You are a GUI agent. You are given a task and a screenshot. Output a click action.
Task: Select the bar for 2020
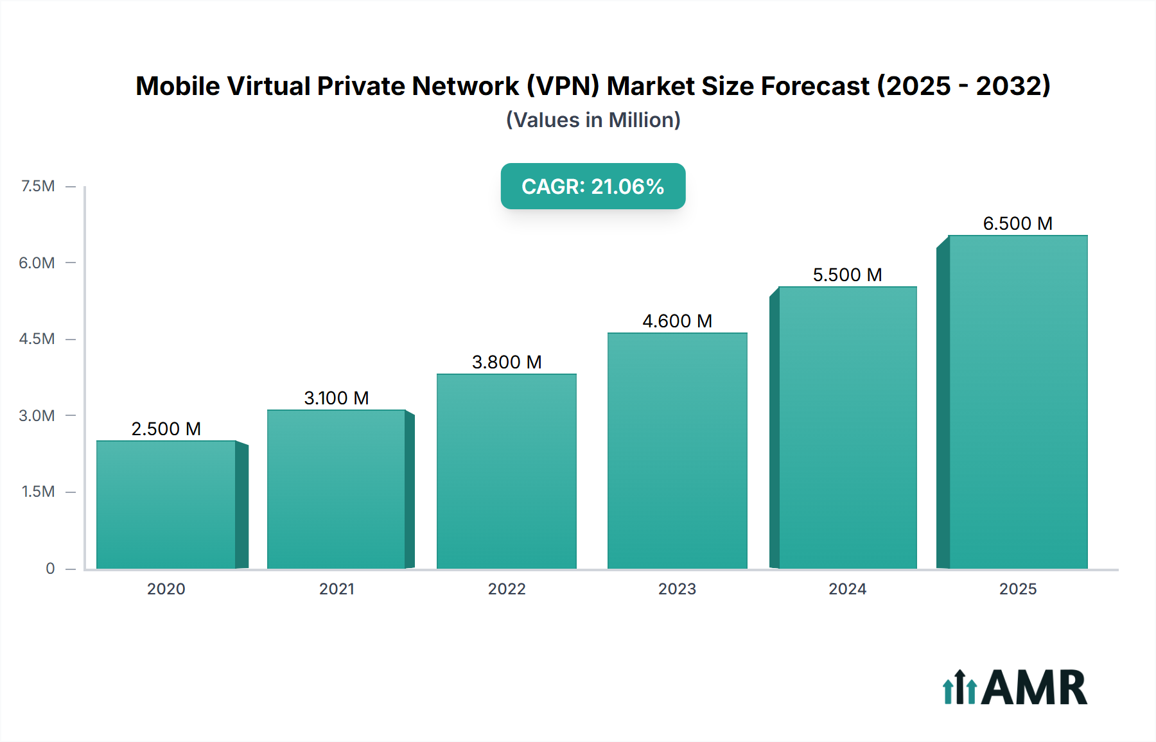[x=166, y=505]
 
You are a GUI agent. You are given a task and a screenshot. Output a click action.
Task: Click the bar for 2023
[x=677, y=451]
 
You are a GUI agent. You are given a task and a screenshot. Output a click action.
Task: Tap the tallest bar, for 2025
[x=1018, y=402]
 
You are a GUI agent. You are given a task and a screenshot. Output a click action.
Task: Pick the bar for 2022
[x=506, y=471]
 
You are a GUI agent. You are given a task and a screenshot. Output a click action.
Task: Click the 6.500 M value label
[x=1017, y=223]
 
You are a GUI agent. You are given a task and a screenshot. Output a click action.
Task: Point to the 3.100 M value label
[x=336, y=398]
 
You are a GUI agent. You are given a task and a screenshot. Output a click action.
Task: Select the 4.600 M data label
[x=677, y=321]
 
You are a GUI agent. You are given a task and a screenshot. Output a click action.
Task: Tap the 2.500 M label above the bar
[x=166, y=429]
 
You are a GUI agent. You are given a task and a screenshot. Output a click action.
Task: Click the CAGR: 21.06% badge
[x=593, y=186]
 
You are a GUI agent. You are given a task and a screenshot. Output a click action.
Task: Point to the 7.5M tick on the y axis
[x=38, y=186]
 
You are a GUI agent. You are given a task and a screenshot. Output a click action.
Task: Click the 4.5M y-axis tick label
[x=37, y=339]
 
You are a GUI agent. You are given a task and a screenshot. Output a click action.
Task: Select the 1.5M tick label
[x=38, y=492]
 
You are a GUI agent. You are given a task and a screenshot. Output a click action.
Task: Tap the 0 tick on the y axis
[x=50, y=568]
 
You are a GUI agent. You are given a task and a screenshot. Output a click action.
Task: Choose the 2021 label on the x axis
[x=337, y=589]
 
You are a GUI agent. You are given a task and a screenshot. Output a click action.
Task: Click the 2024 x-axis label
[x=847, y=589]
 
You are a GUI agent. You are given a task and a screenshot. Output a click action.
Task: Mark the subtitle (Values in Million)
[x=593, y=120]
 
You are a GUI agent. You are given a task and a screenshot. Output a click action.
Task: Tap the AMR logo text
[x=1034, y=688]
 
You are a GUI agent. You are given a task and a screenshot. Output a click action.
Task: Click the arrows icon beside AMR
[x=959, y=688]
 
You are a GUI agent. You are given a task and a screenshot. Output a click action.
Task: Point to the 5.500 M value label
[x=847, y=275]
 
